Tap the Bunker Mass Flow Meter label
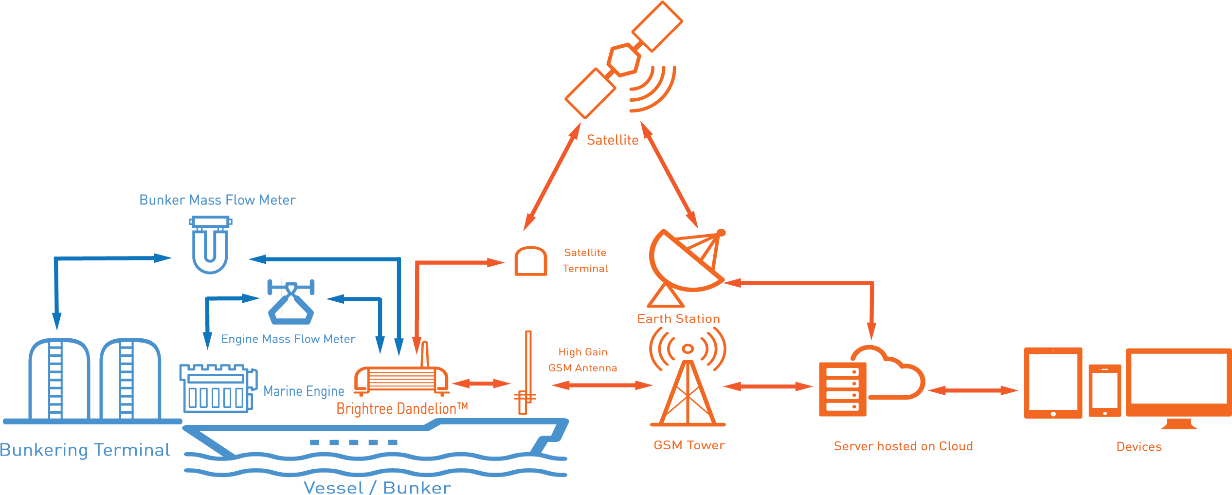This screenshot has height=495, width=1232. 217,200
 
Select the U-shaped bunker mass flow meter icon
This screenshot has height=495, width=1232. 210,245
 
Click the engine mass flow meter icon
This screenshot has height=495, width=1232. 291,302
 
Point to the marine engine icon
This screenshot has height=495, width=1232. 218,388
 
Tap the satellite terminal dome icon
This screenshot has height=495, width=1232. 531,261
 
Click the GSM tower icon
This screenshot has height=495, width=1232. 688,377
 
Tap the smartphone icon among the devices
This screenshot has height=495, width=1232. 1105,390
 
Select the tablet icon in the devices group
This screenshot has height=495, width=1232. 1053,383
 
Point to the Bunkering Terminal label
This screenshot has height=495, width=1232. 85,450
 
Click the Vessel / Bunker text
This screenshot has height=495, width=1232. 377,488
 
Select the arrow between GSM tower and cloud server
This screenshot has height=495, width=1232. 768,386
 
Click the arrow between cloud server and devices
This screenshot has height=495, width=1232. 973,390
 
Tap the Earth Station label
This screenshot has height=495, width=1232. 678,319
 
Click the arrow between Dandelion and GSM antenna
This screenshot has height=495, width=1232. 481,384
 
